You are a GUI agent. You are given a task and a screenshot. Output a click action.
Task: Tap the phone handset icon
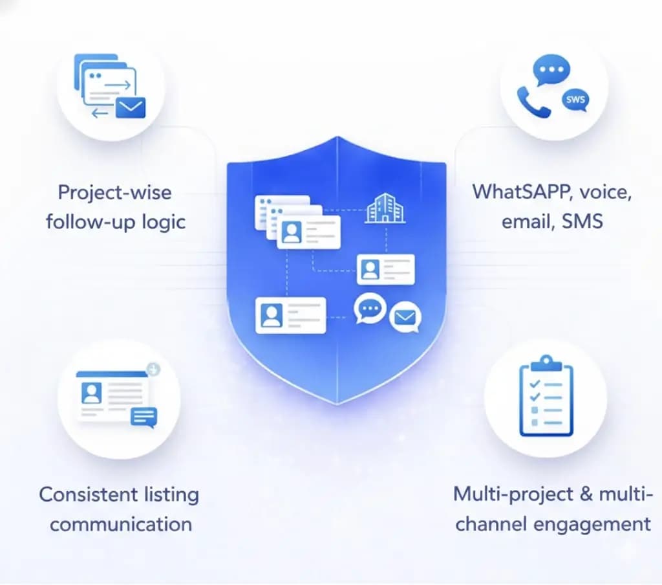point(533,102)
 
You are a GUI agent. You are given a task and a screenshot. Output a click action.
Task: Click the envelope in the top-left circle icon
point(131,108)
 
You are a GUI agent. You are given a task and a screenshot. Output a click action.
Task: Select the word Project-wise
point(114,192)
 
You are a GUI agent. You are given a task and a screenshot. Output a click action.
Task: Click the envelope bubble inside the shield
point(405,318)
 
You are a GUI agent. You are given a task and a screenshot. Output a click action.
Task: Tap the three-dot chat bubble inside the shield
point(370,309)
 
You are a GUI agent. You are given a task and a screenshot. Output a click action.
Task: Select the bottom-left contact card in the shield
point(290,315)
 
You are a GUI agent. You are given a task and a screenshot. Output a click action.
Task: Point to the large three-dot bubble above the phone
point(551,71)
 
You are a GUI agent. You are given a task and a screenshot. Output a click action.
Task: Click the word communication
point(121,524)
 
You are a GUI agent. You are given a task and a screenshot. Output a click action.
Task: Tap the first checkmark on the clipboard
point(534,384)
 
